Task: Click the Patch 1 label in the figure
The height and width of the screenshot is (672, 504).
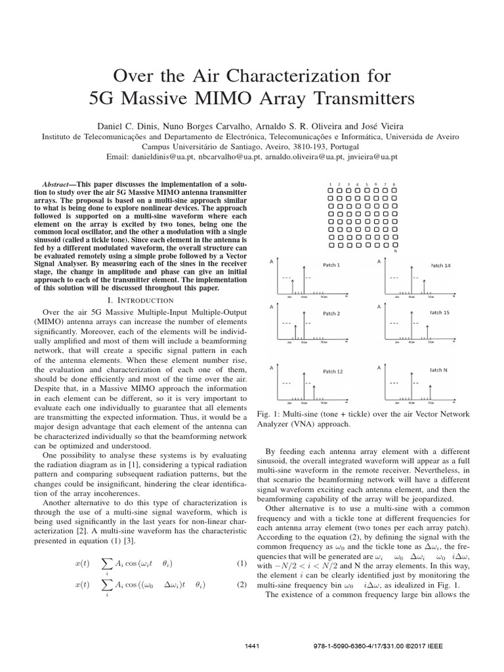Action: (x=331, y=264)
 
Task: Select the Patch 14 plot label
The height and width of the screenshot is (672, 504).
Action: (x=440, y=264)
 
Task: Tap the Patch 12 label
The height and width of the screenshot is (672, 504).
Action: (x=332, y=371)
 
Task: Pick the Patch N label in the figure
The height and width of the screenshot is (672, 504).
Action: (x=438, y=370)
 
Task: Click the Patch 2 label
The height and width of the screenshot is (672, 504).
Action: (x=331, y=314)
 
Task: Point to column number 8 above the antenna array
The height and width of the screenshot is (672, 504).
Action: (x=394, y=184)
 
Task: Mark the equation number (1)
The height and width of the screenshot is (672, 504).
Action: (x=240, y=564)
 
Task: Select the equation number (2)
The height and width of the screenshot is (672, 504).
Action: (x=240, y=585)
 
